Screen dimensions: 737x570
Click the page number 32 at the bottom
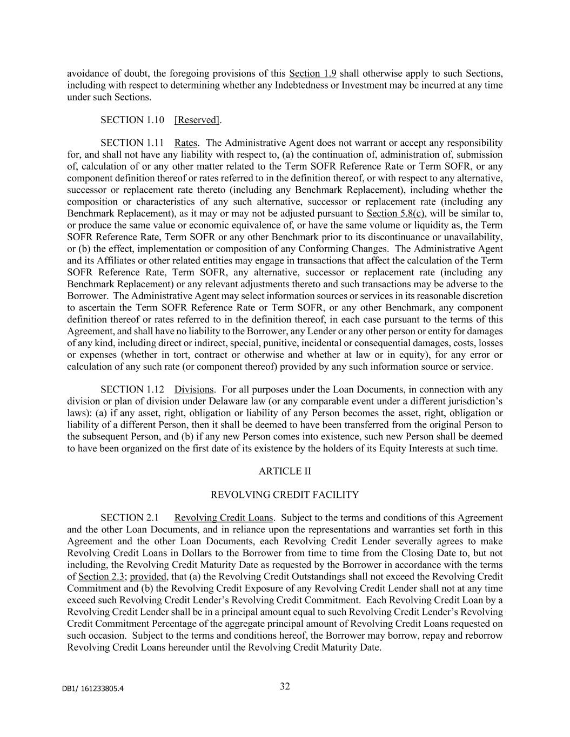(285, 686)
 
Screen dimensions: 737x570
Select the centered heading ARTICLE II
(285, 471)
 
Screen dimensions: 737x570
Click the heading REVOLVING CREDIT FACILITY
(284, 495)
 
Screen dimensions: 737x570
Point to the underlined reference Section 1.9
(313, 73)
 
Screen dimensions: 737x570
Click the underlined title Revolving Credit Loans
(224, 518)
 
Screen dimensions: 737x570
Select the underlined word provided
(148, 576)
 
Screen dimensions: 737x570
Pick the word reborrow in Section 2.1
(484, 635)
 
